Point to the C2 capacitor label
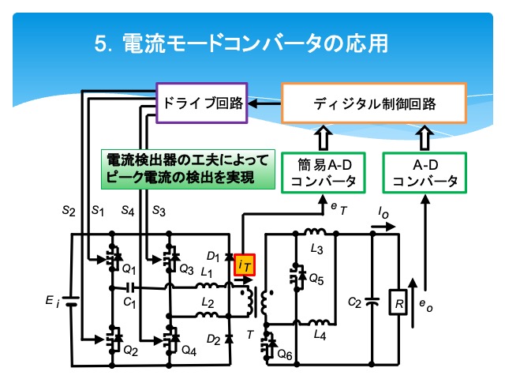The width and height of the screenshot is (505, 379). coord(354,302)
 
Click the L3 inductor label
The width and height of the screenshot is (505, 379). coord(317,249)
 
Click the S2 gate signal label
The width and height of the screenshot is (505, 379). coord(69,211)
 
